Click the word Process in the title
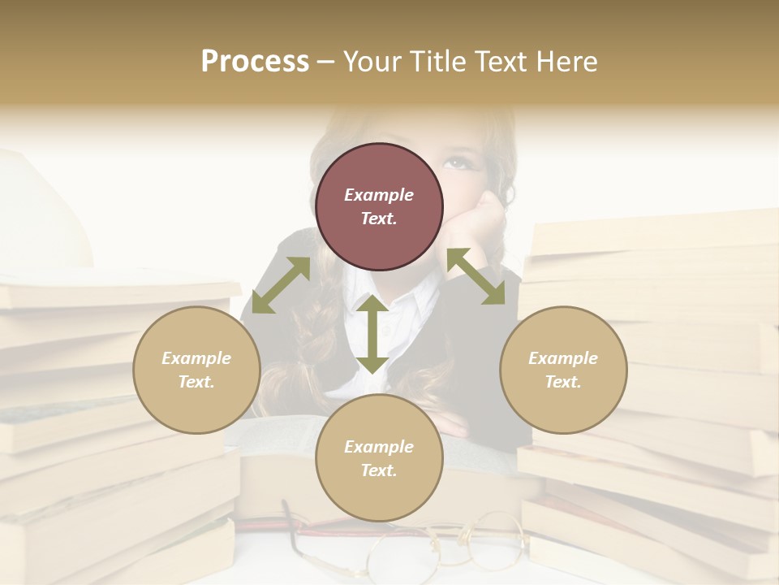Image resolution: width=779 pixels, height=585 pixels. [255, 62]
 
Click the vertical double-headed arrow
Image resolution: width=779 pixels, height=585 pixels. [372, 334]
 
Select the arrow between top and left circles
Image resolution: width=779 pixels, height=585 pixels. [281, 285]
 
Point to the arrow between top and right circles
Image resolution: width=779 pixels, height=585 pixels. [476, 276]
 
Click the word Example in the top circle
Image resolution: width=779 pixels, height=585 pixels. [379, 195]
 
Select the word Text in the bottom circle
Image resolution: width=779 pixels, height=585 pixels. [379, 470]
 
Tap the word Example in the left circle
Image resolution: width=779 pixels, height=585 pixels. [196, 358]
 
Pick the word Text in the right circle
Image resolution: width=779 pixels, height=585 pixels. [563, 382]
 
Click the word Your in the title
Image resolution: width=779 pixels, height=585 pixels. [371, 62]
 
